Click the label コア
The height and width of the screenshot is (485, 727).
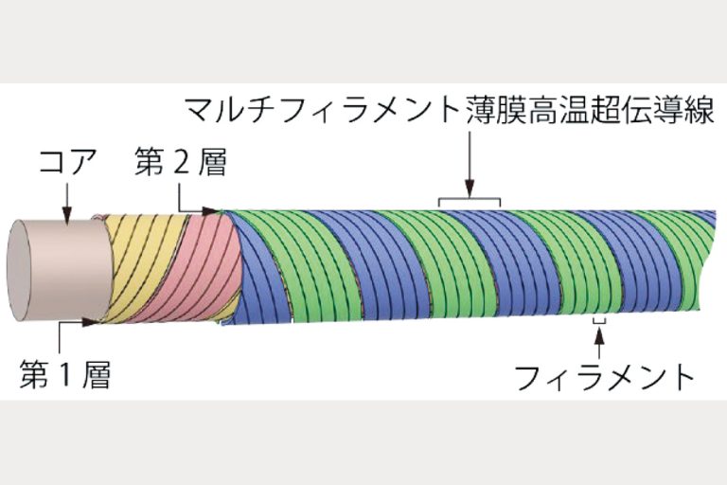(68, 161)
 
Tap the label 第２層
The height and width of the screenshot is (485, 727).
(181, 162)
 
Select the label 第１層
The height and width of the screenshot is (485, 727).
(65, 374)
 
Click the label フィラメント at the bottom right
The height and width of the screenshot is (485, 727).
(605, 378)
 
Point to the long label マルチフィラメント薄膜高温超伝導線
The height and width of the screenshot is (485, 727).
(450, 110)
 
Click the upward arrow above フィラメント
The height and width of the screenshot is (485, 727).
(599, 343)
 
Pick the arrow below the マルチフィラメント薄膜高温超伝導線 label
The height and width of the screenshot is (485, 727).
(470, 164)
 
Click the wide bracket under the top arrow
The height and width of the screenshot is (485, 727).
(470, 202)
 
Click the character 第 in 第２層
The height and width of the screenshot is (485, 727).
(149, 162)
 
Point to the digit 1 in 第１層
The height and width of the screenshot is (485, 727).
(64, 375)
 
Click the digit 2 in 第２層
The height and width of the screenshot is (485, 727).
(181, 162)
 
